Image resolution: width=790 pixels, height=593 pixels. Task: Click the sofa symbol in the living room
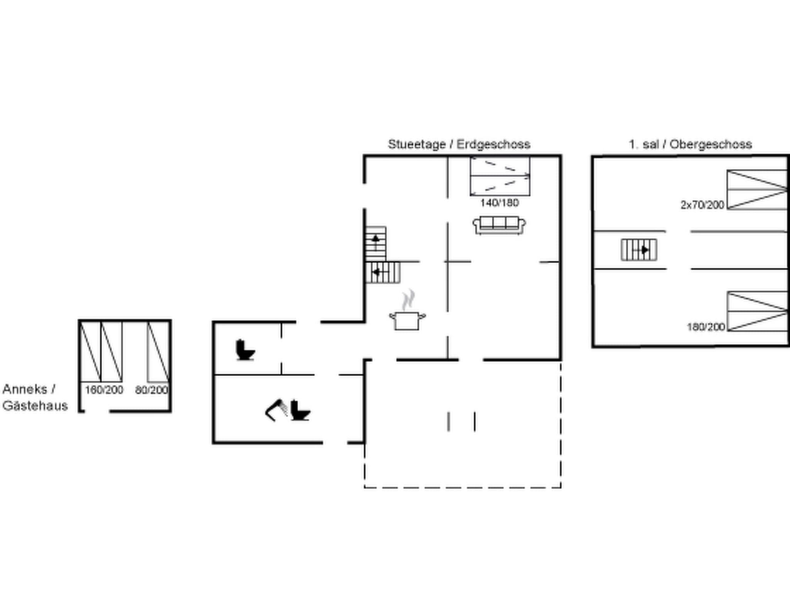499,225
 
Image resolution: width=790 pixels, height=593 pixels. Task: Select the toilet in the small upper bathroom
245,350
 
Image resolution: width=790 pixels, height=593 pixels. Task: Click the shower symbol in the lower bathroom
276,410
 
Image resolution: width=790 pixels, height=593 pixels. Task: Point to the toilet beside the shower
300,411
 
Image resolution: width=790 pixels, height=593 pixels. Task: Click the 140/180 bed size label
499,203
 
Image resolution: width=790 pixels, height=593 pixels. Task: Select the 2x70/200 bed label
702,205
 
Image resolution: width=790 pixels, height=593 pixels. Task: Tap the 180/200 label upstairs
706,327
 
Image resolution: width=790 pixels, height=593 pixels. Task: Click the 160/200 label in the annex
104,390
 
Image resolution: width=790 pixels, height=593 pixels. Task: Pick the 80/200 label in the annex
152,390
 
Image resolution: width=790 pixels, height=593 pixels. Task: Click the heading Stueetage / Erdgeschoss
459,144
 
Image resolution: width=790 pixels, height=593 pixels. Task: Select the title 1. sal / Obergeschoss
690,144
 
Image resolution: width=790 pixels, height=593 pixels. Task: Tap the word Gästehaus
35,406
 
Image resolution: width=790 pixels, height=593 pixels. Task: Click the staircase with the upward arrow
376,244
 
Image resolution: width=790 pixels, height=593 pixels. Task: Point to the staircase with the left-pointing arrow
383,272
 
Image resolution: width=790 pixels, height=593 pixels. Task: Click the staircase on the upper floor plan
639,250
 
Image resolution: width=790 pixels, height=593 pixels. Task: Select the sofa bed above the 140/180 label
500,176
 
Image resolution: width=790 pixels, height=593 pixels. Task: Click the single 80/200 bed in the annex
158,352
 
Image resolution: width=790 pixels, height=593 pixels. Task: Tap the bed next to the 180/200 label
757,312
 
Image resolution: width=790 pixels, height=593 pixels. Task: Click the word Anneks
25,389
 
